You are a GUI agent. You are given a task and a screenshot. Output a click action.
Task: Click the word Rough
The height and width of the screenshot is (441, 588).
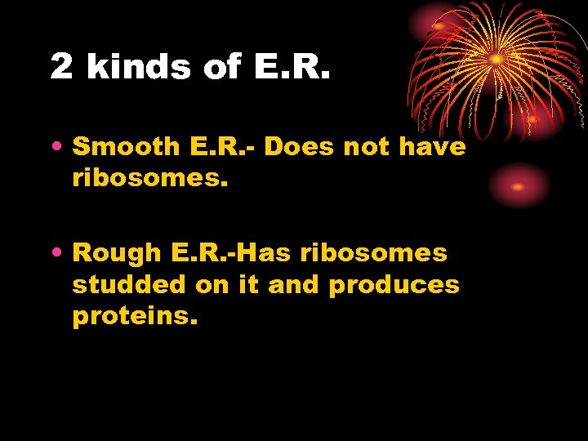click(x=119, y=254)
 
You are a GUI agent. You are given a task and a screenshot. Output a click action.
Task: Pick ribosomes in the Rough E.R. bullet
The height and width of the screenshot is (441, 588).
click(x=373, y=254)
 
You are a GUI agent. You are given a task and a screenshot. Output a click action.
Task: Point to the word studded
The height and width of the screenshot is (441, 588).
click(x=130, y=285)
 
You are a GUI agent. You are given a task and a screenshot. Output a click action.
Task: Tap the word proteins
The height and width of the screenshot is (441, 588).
click(x=135, y=316)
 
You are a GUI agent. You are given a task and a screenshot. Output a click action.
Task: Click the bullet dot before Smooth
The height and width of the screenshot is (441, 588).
click(x=60, y=149)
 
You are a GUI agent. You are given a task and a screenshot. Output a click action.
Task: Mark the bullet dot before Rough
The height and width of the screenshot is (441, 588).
click(x=60, y=255)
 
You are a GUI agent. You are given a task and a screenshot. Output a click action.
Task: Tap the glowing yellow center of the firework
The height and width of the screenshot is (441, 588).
click(x=496, y=59)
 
